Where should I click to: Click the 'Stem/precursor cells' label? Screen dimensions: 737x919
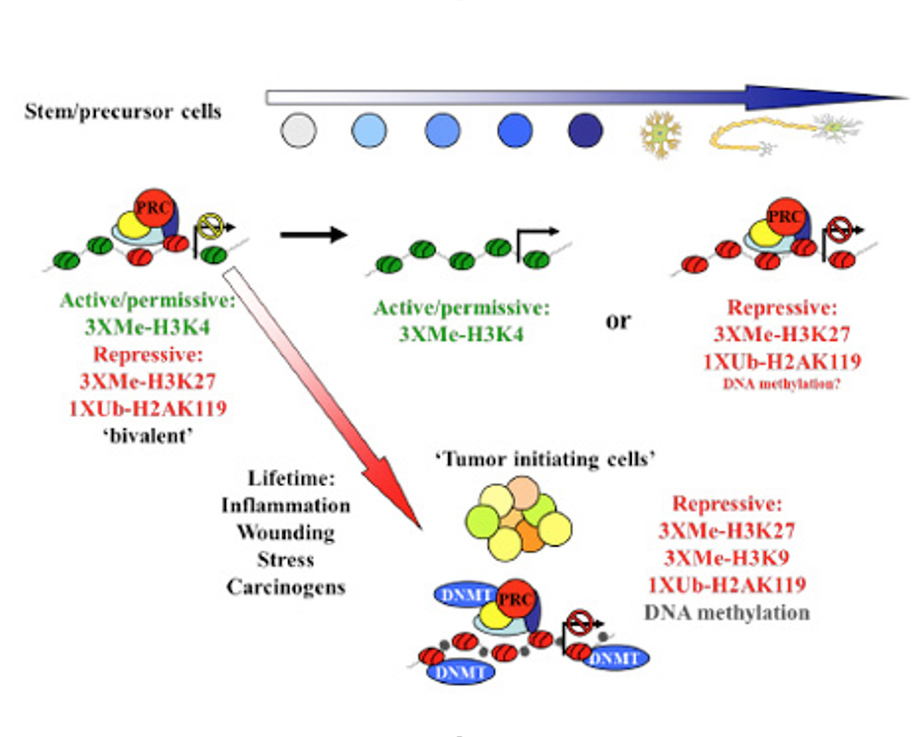click(123, 111)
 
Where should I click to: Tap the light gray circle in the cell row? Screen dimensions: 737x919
click(299, 130)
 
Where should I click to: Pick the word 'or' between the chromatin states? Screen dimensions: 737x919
click(618, 320)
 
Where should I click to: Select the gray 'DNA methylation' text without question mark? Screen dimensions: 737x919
click(739, 611)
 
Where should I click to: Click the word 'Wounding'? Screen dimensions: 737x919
click(286, 531)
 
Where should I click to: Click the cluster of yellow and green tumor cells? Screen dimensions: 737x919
click(516, 522)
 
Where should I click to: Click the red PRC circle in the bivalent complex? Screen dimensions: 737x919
click(148, 207)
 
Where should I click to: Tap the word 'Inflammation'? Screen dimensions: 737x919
click(286, 504)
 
